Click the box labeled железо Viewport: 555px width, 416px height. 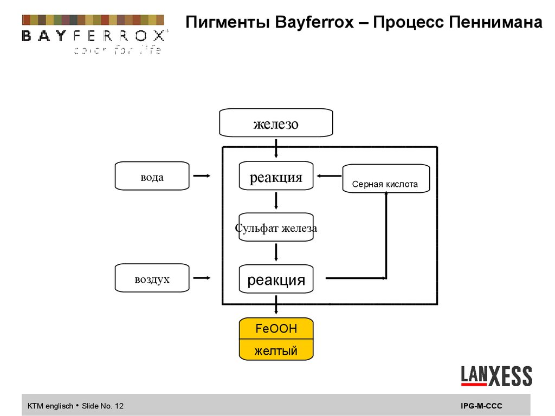point(275,123)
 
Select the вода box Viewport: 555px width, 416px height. point(152,176)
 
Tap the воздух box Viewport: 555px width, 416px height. point(152,278)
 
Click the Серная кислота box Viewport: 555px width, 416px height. point(385,179)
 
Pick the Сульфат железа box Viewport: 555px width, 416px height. point(276,228)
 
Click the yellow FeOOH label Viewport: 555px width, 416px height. point(276,328)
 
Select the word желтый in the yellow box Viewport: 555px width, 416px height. point(276,350)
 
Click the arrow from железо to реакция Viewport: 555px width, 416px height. point(276,148)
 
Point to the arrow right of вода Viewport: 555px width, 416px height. point(202,175)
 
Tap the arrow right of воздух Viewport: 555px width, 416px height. point(202,278)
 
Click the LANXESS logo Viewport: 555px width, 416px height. point(496,376)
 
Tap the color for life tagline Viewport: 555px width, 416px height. point(117,51)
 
